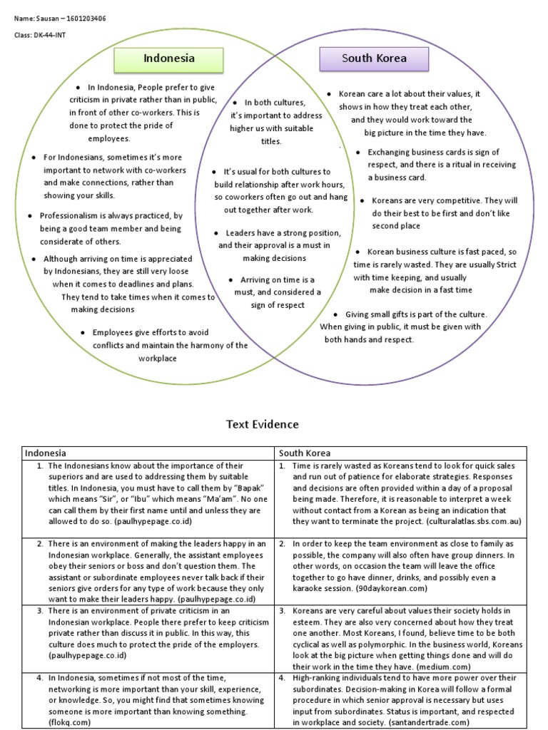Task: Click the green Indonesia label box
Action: pyautogui.click(x=169, y=58)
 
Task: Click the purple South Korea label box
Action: pyautogui.click(x=374, y=58)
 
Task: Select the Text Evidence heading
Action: pyautogui.click(x=263, y=425)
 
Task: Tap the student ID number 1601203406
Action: pyautogui.click(x=81, y=18)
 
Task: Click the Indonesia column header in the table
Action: pyautogui.click(x=46, y=453)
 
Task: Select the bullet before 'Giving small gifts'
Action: pyautogui.click(x=335, y=314)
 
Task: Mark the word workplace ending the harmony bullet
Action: pyautogui.click(x=158, y=358)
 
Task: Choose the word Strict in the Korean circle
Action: pyautogui.click(x=504, y=264)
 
